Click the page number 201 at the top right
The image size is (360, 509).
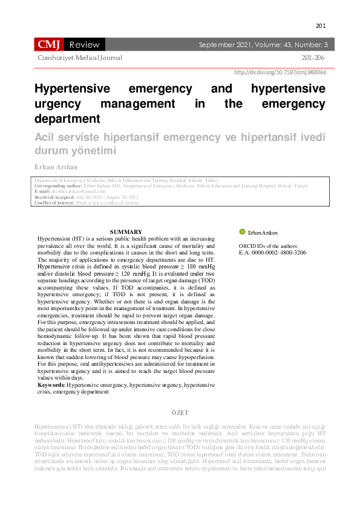321,26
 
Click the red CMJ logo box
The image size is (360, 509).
48,44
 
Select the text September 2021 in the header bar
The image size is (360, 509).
222,45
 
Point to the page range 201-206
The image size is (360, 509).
313,58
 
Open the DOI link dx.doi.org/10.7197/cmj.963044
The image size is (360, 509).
280,72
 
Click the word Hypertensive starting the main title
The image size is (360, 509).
72,89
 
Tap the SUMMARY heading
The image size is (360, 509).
126,232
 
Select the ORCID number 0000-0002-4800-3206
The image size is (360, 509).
278,253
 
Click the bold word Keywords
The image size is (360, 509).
51,384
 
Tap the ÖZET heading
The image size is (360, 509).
180,412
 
